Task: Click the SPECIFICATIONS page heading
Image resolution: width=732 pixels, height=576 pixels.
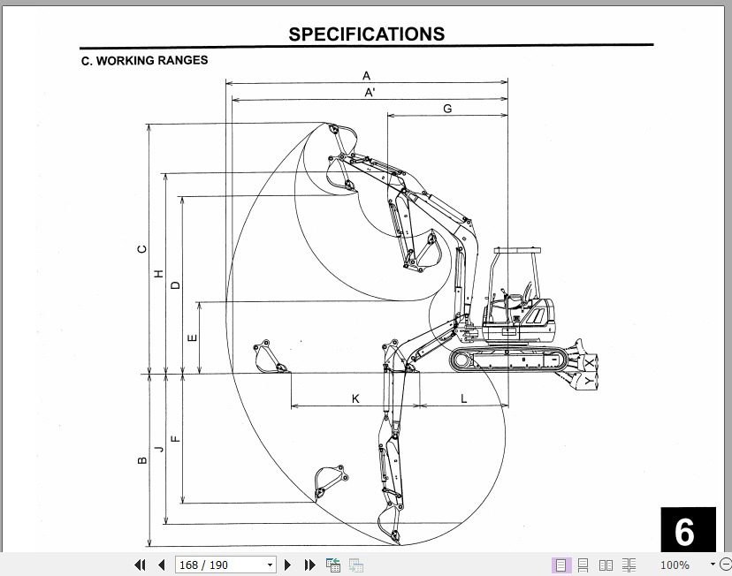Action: [366, 34]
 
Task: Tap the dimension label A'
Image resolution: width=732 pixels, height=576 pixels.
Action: [370, 92]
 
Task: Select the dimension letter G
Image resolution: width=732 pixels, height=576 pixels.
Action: [447, 109]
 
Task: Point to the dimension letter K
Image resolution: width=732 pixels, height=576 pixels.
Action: [355, 398]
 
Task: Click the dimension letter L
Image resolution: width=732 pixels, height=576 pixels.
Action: [463, 398]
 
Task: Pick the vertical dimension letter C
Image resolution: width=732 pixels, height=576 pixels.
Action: [141, 249]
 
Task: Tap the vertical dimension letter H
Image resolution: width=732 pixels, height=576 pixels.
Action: [159, 274]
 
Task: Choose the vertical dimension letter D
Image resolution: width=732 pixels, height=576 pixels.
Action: [175, 284]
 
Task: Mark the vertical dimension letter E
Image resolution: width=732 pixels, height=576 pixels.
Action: [193, 337]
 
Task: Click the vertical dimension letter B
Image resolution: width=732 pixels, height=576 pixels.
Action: [141, 459]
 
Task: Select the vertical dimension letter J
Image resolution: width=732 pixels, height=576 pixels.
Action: [159, 449]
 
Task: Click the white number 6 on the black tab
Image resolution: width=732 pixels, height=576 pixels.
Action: [685, 532]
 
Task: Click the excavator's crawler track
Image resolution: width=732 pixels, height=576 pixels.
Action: [508, 359]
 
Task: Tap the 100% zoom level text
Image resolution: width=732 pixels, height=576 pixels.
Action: [675, 565]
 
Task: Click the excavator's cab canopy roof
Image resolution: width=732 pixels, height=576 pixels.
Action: [516, 251]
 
